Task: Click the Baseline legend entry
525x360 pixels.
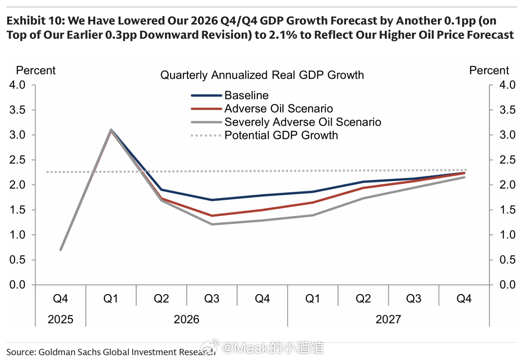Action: (246, 95)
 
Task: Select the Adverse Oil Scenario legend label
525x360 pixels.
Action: (279, 108)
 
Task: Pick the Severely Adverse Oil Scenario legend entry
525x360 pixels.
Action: (302, 122)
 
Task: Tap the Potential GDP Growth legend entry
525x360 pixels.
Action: (281, 135)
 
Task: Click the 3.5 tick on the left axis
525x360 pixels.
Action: (18, 110)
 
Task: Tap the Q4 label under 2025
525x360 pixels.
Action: (61, 298)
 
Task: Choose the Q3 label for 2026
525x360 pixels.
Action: (212, 298)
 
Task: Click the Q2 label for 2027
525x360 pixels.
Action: (363, 298)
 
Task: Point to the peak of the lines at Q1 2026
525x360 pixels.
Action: (111, 130)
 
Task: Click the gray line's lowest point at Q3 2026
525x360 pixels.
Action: (212, 224)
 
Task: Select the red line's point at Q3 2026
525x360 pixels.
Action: (212, 216)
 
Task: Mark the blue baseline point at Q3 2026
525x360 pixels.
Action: (212, 200)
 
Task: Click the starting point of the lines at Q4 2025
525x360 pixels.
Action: (61, 250)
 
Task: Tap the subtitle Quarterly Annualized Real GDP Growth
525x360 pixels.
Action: (262, 75)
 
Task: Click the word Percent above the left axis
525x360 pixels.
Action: (36, 71)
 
